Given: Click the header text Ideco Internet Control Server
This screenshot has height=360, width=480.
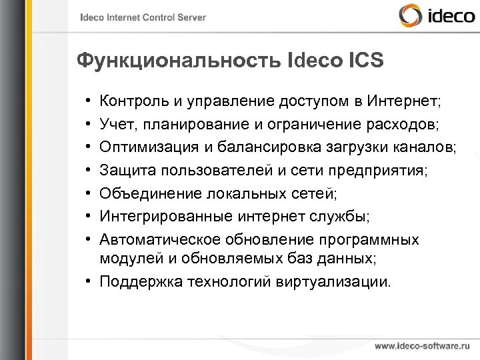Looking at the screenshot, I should point(143,18).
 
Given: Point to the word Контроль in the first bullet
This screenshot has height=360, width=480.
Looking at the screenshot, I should point(131,102).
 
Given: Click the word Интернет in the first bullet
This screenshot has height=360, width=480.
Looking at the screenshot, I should point(404,102).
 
